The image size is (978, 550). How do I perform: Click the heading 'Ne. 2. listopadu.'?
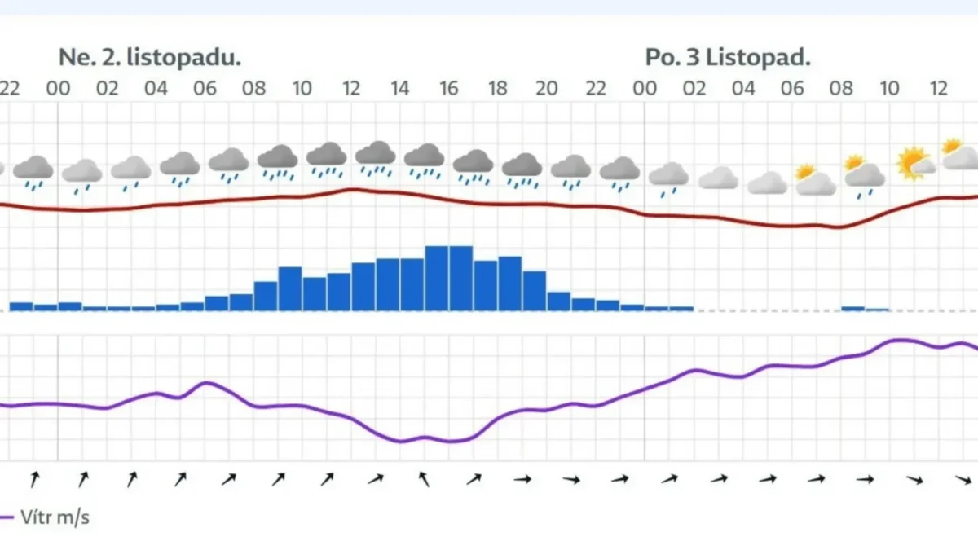150,58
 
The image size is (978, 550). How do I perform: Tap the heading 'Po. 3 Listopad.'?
728,58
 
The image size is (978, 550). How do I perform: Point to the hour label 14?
399,88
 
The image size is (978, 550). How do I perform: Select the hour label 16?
449,88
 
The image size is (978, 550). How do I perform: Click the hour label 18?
498,88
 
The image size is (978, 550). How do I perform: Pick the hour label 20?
547,88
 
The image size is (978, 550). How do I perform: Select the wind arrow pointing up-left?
424,479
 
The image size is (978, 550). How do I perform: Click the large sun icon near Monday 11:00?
912,162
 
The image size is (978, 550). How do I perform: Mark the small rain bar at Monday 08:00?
852,308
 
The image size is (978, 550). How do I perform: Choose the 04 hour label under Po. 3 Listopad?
743,88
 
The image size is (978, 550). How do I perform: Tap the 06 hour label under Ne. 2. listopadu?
205,88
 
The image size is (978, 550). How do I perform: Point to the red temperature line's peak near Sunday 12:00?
352,190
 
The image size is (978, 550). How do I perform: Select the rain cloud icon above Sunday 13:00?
376,157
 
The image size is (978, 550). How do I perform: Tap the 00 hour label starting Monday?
645,88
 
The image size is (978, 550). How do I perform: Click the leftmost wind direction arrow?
33,479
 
